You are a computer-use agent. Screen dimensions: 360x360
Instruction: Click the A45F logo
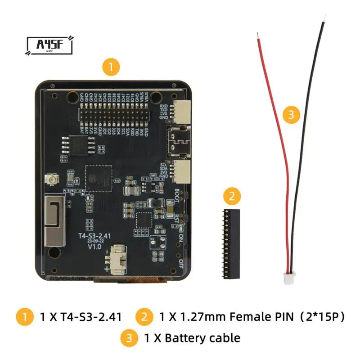point(49,45)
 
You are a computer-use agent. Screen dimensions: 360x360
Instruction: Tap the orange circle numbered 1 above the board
point(111,68)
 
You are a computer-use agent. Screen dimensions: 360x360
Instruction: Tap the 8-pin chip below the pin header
point(72,144)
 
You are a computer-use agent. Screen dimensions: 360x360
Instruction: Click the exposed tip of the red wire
point(257,35)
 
